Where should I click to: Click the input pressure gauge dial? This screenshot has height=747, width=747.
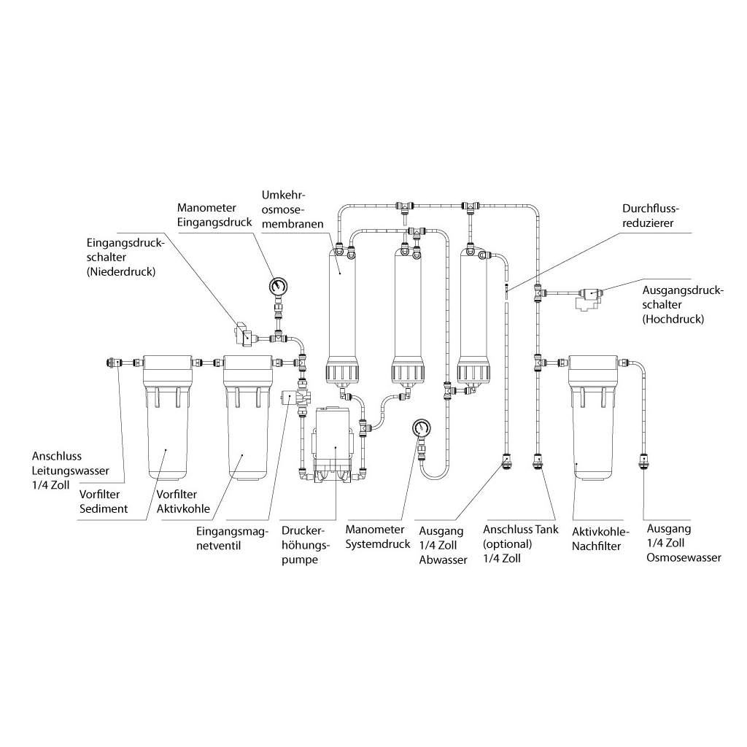(276, 286)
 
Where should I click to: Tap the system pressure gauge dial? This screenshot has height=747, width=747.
(419, 427)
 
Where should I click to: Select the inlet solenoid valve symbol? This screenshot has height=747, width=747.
(290, 398)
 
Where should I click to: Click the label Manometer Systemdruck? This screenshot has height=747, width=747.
(375, 537)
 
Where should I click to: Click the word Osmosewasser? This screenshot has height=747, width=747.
(684, 557)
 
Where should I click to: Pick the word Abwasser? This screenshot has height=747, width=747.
(443, 560)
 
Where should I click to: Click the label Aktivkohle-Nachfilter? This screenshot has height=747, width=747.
(597, 538)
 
